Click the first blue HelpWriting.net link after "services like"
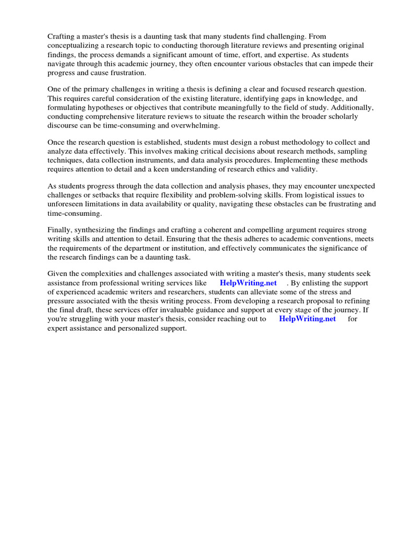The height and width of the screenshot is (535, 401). [248, 283]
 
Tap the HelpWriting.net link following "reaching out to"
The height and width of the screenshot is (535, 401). [308, 319]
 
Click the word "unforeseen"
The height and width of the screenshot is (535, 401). [65, 204]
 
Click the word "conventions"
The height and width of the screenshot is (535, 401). [330, 239]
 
